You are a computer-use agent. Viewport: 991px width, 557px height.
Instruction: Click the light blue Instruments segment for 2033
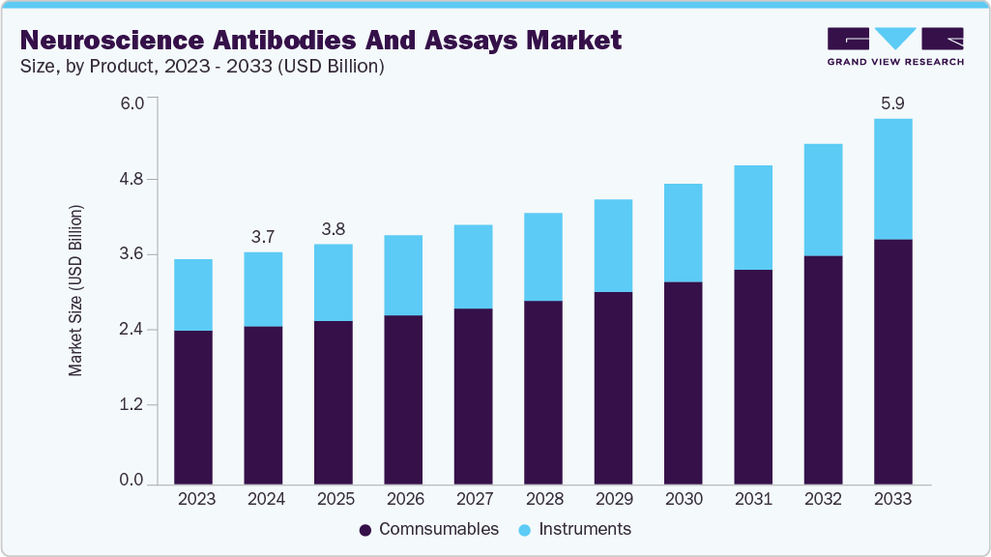pyautogui.click(x=892, y=179)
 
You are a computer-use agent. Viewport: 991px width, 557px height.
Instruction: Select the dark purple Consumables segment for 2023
pyautogui.click(x=193, y=406)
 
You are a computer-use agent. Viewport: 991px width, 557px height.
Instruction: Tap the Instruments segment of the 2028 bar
pyautogui.click(x=542, y=256)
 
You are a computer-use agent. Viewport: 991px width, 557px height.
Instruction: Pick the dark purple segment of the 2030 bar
pyautogui.click(x=683, y=382)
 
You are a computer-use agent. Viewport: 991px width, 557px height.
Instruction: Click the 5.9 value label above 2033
pyautogui.click(x=892, y=103)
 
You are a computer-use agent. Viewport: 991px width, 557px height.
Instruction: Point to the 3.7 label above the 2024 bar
pyautogui.click(x=263, y=237)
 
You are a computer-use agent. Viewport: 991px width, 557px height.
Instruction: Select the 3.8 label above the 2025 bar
pyautogui.click(x=334, y=229)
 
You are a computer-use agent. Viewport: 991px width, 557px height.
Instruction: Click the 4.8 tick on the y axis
pyautogui.click(x=131, y=180)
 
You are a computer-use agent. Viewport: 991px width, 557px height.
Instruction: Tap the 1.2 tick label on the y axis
pyautogui.click(x=131, y=405)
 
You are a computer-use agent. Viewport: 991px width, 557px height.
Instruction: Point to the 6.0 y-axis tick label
pyautogui.click(x=131, y=103)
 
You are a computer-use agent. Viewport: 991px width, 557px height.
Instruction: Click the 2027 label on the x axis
pyautogui.click(x=473, y=499)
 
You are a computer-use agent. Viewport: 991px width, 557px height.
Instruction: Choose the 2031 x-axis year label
pyautogui.click(x=753, y=499)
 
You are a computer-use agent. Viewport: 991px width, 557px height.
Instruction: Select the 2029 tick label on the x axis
pyautogui.click(x=613, y=499)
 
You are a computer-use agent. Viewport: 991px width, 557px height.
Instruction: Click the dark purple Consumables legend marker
pyautogui.click(x=365, y=530)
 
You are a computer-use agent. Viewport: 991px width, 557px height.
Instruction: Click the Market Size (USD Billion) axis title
pyautogui.click(x=75, y=291)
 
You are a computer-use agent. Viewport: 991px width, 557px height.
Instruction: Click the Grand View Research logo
pyautogui.click(x=895, y=46)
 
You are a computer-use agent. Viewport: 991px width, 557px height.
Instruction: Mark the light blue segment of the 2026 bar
pyautogui.click(x=403, y=275)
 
